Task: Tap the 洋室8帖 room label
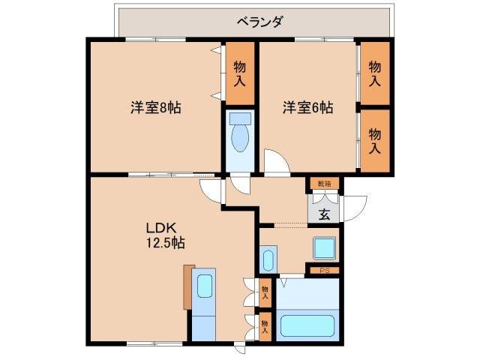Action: coord(155,107)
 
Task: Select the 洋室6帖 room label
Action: coord(307,107)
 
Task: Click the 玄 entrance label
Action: coord(324,214)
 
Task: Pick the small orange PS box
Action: coord(324,270)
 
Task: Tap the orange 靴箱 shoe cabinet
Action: coord(323,183)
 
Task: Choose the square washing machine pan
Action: coord(324,247)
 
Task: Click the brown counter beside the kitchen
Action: coord(187,286)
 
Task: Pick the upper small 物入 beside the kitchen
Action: coord(265,289)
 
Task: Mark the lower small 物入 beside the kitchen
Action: coord(265,324)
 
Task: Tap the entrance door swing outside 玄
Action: coord(353,205)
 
